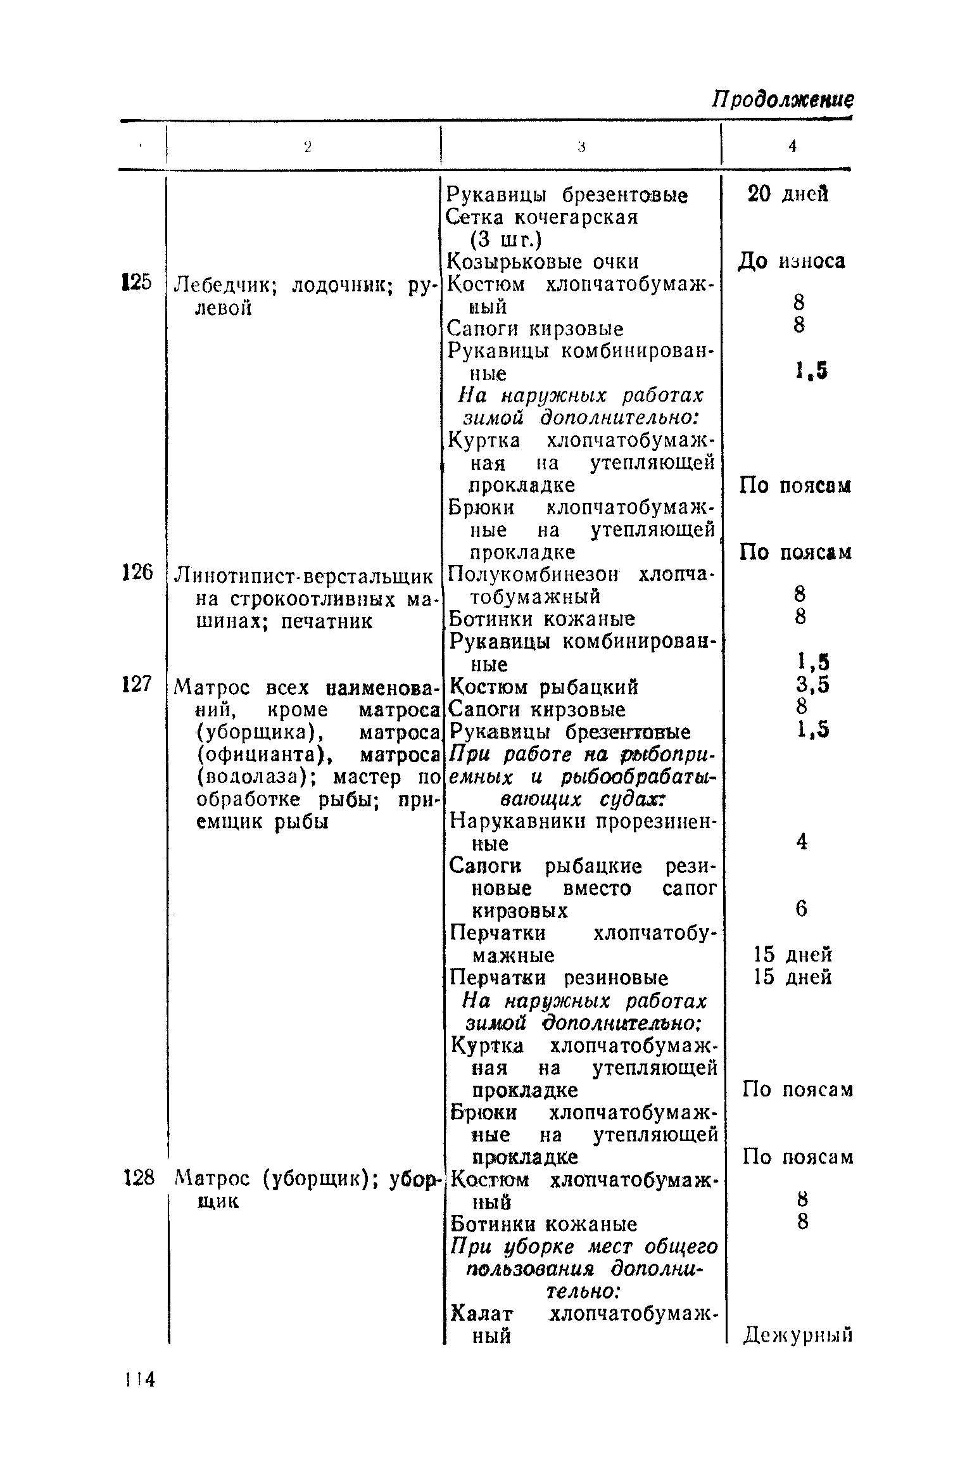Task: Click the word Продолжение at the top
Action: coord(782,99)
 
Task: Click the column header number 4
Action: coord(792,146)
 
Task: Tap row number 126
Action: coord(137,573)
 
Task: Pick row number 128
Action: coord(138,1178)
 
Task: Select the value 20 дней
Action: coord(788,194)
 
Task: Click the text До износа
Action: coord(791,261)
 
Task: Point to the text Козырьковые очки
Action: coord(543,261)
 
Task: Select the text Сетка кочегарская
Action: coord(542,217)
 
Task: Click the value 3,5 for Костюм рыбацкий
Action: coord(813,685)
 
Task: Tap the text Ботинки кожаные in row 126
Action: coord(542,619)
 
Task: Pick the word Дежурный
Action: coord(797,1335)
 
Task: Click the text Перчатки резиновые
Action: coord(559,977)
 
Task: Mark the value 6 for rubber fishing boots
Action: coord(802,910)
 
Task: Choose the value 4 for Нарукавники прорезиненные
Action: coord(802,842)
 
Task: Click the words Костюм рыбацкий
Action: coord(543,687)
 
